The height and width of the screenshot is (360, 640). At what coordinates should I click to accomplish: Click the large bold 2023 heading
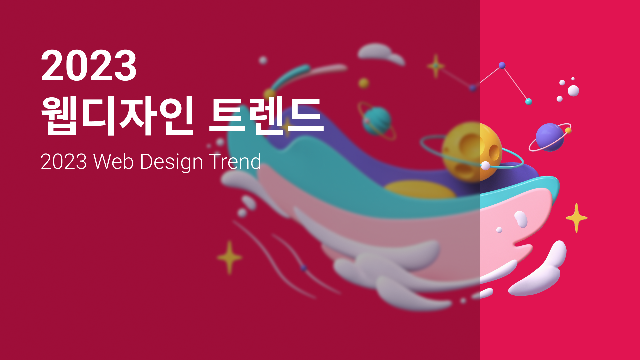coord(89,65)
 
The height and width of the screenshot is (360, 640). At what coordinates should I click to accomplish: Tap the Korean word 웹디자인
coord(118,115)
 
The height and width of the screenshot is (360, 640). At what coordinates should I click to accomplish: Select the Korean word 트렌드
coord(266,115)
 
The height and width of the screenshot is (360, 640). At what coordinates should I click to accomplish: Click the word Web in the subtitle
coord(113,162)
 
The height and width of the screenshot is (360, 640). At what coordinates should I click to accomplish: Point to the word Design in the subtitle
coord(171,162)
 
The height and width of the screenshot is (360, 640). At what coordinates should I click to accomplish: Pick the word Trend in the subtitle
coord(235,162)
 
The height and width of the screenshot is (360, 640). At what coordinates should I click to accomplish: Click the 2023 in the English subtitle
coord(64,162)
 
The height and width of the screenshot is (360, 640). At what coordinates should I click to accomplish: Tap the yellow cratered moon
coord(472,152)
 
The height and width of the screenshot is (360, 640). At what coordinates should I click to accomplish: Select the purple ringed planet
coord(550,137)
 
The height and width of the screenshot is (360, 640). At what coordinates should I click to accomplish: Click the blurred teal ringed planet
coord(377,121)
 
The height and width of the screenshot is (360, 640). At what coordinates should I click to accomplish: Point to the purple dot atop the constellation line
coord(502,65)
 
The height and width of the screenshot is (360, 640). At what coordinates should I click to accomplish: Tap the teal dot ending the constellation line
coord(529,101)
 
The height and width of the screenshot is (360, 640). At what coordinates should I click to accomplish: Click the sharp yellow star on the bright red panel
coord(576,218)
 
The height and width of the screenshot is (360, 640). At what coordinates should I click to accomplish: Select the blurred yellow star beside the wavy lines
coord(229,257)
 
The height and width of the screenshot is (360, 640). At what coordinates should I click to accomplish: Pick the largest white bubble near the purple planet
coord(573,91)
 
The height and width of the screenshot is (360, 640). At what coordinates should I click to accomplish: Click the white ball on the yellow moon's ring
coord(486,166)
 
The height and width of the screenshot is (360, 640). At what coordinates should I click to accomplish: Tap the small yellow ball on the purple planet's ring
coord(568,130)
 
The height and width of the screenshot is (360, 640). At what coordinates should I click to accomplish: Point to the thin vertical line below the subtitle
coord(40,251)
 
